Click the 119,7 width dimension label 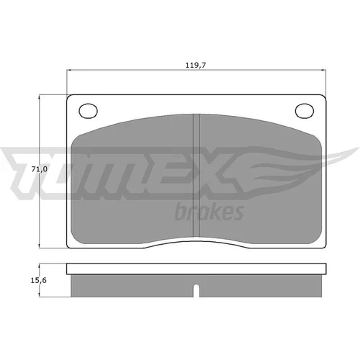click(x=196, y=65)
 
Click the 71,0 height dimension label click(x=40, y=169)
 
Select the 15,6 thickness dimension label click(x=38, y=280)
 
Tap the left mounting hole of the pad click(x=88, y=111)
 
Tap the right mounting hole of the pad click(x=305, y=111)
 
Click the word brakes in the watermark click(x=210, y=212)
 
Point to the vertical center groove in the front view click(x=197, y=175)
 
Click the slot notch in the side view click(x=197, y=290)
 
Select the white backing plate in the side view click(x=197, y=269)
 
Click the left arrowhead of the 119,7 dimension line click(x=68, y=71)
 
